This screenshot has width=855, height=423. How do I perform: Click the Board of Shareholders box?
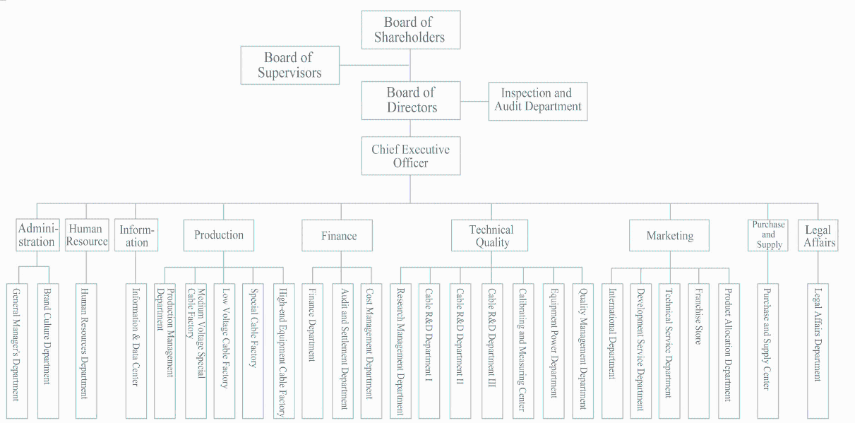410,30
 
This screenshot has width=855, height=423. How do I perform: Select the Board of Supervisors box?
289,65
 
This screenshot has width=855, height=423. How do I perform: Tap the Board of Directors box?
411,100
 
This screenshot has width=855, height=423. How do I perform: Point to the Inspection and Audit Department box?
538,100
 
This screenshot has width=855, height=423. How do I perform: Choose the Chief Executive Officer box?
411,156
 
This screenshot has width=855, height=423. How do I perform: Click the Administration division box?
37,235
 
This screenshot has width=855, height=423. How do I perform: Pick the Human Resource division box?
87,235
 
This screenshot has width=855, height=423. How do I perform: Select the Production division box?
219,235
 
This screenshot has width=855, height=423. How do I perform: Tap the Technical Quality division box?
491,236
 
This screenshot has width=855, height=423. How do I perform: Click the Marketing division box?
670,236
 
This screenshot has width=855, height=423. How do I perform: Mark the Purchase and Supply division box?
768,235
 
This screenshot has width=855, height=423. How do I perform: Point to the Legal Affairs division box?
818,235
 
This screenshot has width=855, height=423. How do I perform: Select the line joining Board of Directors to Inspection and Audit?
474,100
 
